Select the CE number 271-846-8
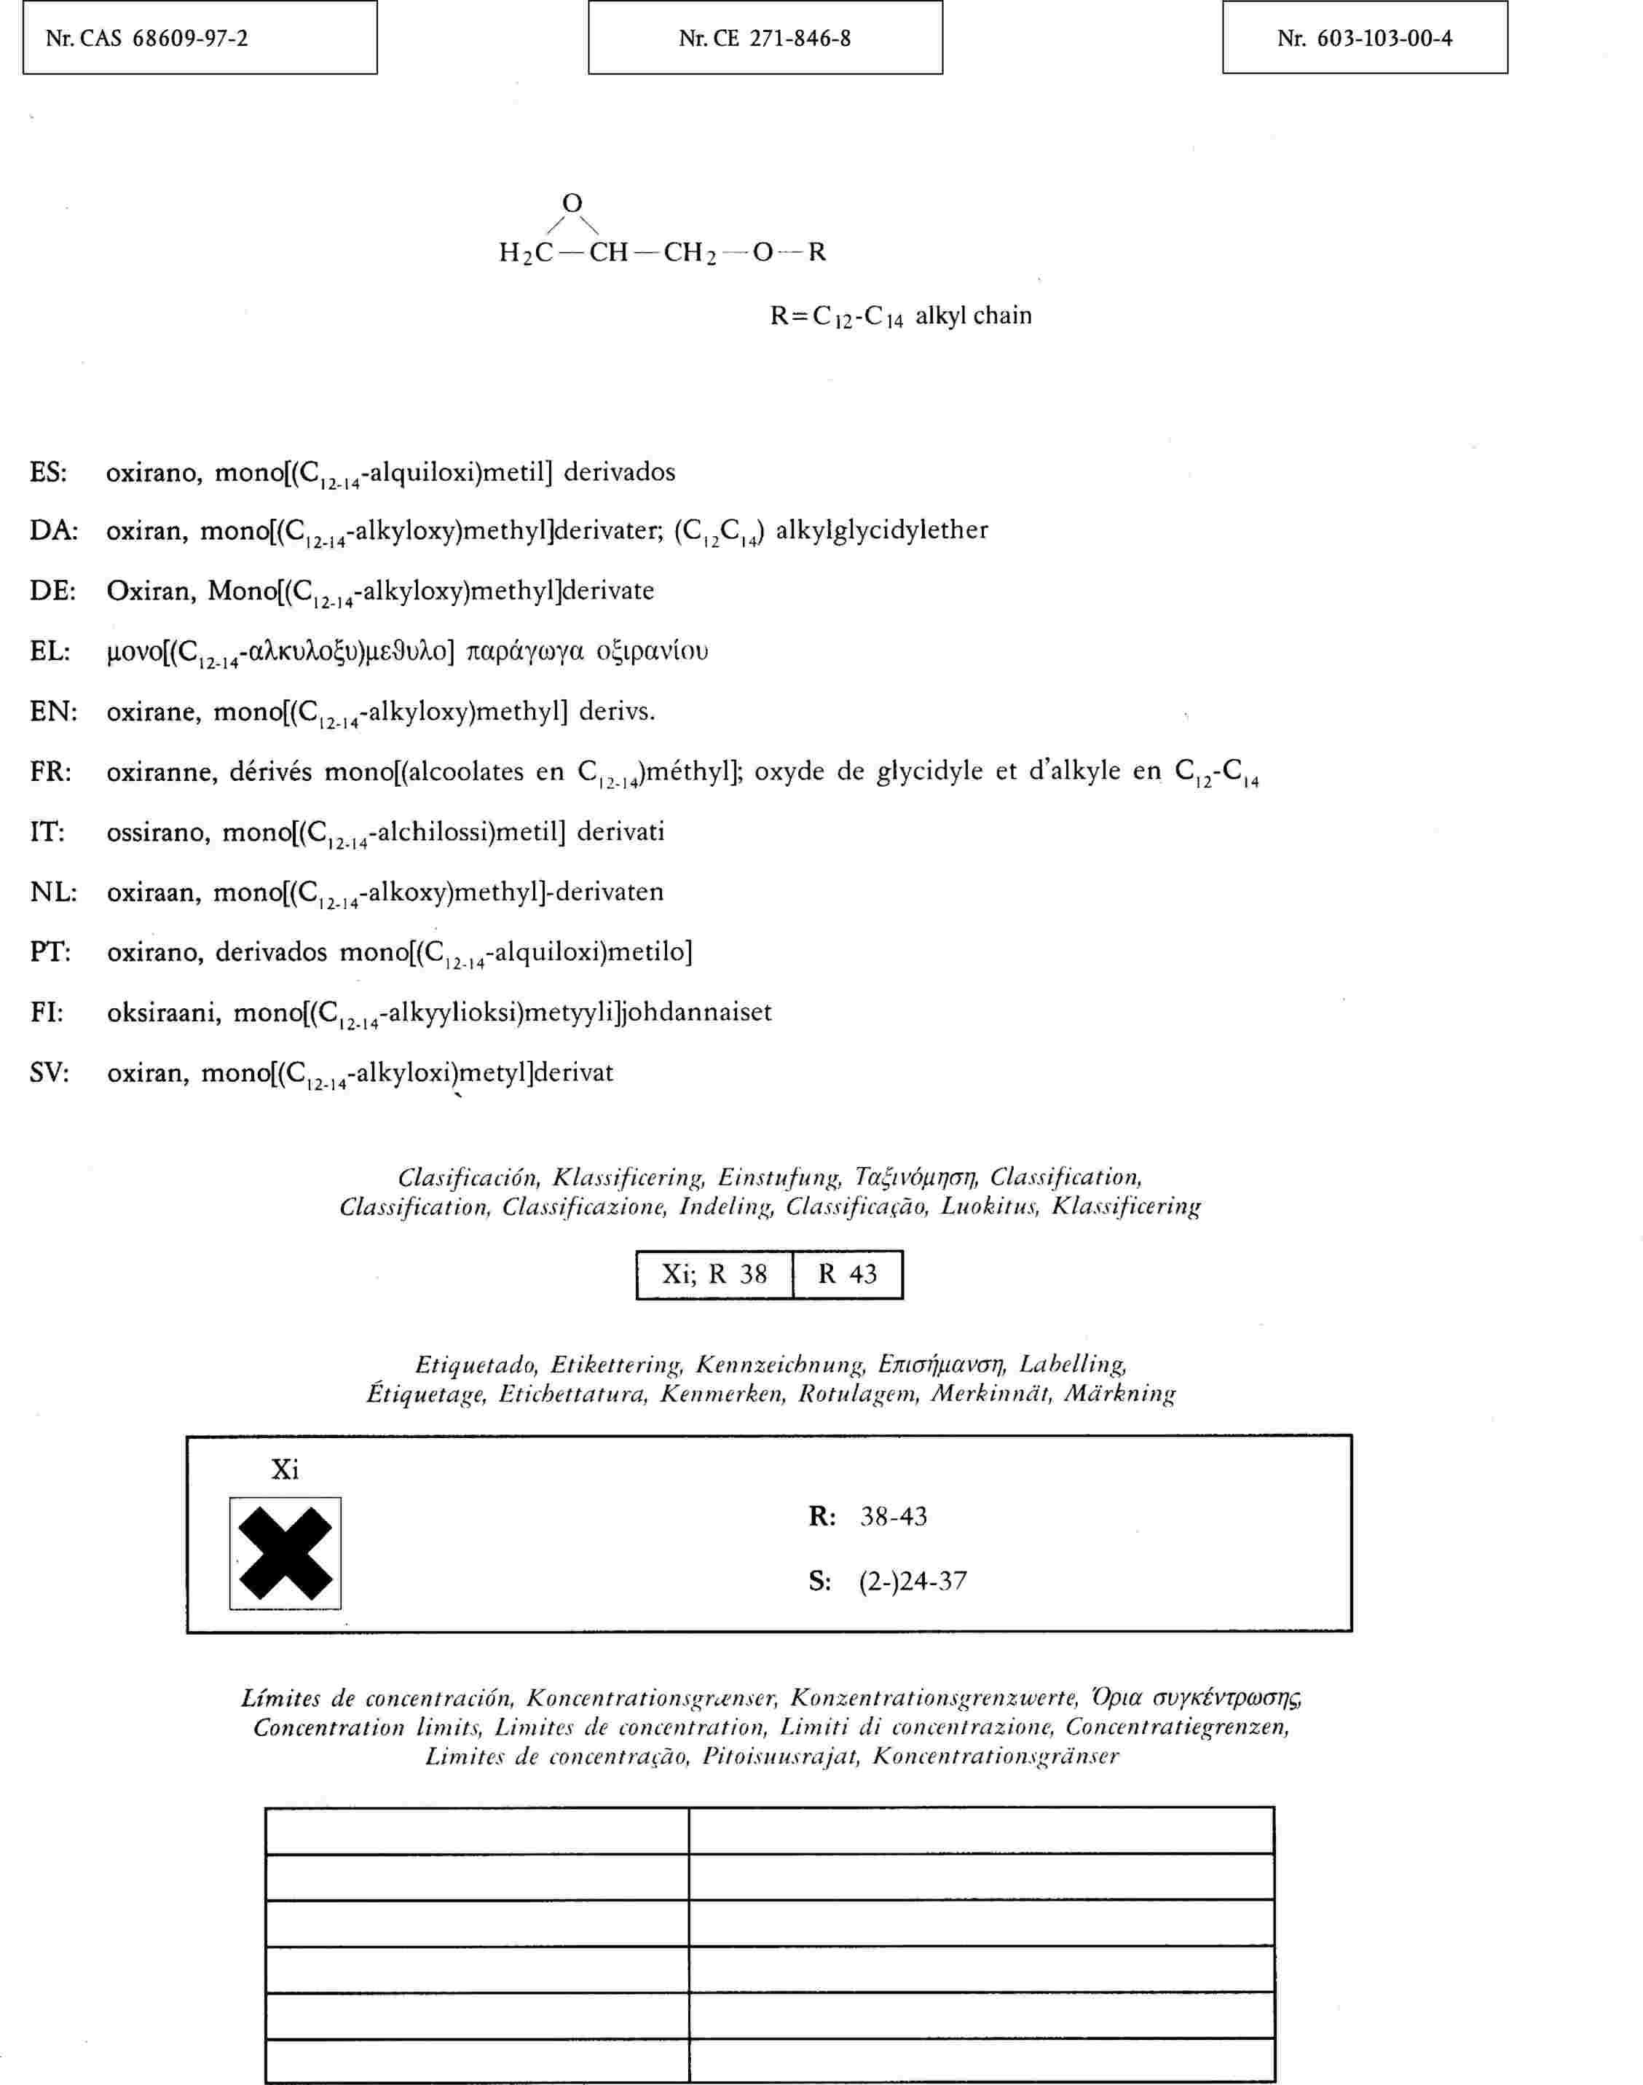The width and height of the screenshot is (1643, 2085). tap(797, 39)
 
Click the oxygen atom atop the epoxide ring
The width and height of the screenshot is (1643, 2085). tap(572, 203)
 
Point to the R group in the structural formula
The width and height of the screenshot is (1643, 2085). tap(816, 252)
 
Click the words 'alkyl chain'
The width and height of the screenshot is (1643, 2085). tap(974, 315)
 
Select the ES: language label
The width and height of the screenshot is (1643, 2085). tap(48, 472)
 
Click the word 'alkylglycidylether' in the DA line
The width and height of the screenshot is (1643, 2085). tap(881, 530)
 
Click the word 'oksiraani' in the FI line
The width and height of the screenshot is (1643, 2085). tap(164, 1012)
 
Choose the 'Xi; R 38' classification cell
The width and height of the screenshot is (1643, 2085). tap(714, 1275)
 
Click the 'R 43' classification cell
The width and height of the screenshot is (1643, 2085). tap(848, 1275)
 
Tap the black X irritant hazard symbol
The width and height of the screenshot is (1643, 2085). tap(285, 1553)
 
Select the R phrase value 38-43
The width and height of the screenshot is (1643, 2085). tap(894, 1517)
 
